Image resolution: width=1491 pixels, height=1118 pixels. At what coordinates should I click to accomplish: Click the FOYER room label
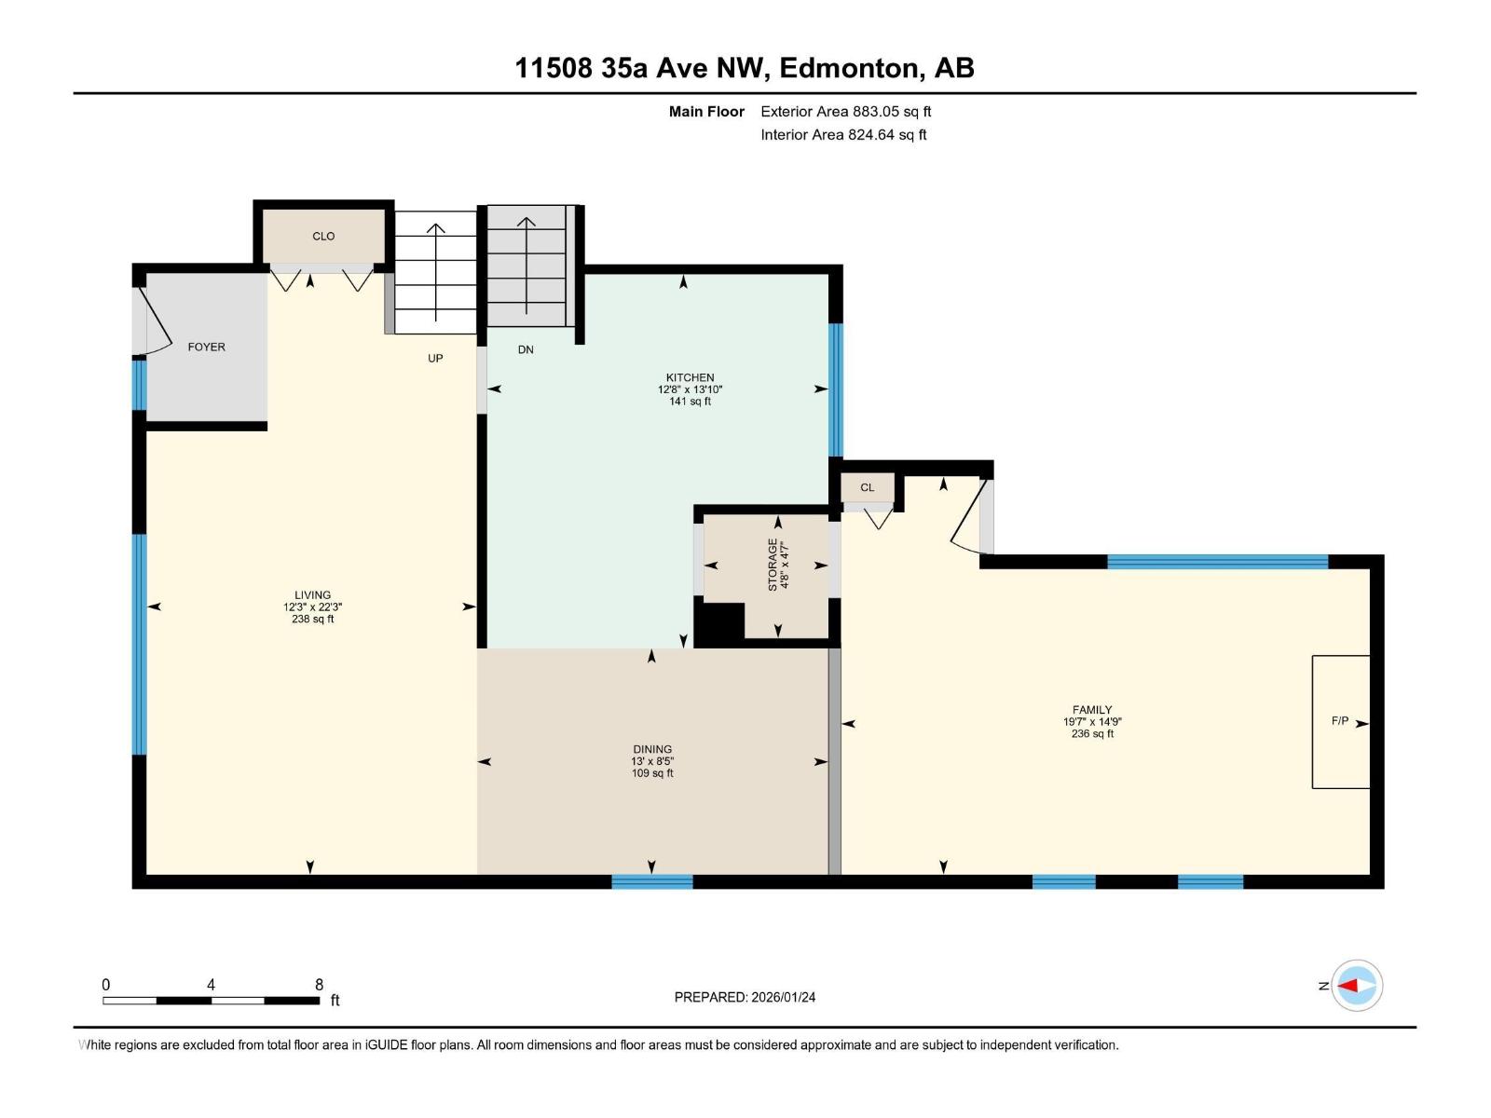tap(207, 347)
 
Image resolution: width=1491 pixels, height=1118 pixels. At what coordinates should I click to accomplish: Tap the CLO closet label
tap(323, 237)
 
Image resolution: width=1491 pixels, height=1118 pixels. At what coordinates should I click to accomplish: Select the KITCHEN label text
tap(690, 377)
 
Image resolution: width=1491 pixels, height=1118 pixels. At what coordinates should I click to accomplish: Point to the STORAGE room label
tap(773, 565)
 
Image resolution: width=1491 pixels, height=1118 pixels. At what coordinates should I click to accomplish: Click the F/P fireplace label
tap(1339, 721)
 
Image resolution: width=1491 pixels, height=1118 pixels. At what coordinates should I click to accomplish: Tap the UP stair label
tap(435, 359)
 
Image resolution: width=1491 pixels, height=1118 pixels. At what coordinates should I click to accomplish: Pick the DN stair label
tap(526, 349)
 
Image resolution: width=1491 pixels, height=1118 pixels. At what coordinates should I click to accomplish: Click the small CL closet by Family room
tap(868, 487)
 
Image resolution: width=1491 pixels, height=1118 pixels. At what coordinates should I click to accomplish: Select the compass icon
tap(1357, 986)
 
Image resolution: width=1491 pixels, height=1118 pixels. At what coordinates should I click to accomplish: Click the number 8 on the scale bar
tap(320, 984)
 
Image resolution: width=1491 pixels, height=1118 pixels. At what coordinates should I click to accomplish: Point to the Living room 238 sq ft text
tap(312, 619)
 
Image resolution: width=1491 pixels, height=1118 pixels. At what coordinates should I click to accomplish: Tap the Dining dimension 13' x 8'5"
tap(652, 761)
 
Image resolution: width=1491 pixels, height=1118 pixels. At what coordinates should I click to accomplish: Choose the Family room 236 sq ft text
tap(1092, 734)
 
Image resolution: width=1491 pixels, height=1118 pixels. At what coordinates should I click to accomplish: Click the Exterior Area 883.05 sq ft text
tap(846, 112)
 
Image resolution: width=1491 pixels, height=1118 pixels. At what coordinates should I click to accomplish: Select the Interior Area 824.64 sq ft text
tap(843, 135)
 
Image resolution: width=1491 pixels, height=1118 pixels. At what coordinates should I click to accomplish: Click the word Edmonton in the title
tap(852, 69)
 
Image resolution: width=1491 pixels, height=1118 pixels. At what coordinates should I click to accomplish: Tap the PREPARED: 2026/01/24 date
tap(745, 997)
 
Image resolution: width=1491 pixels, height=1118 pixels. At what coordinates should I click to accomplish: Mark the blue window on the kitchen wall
tap(836, 390)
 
